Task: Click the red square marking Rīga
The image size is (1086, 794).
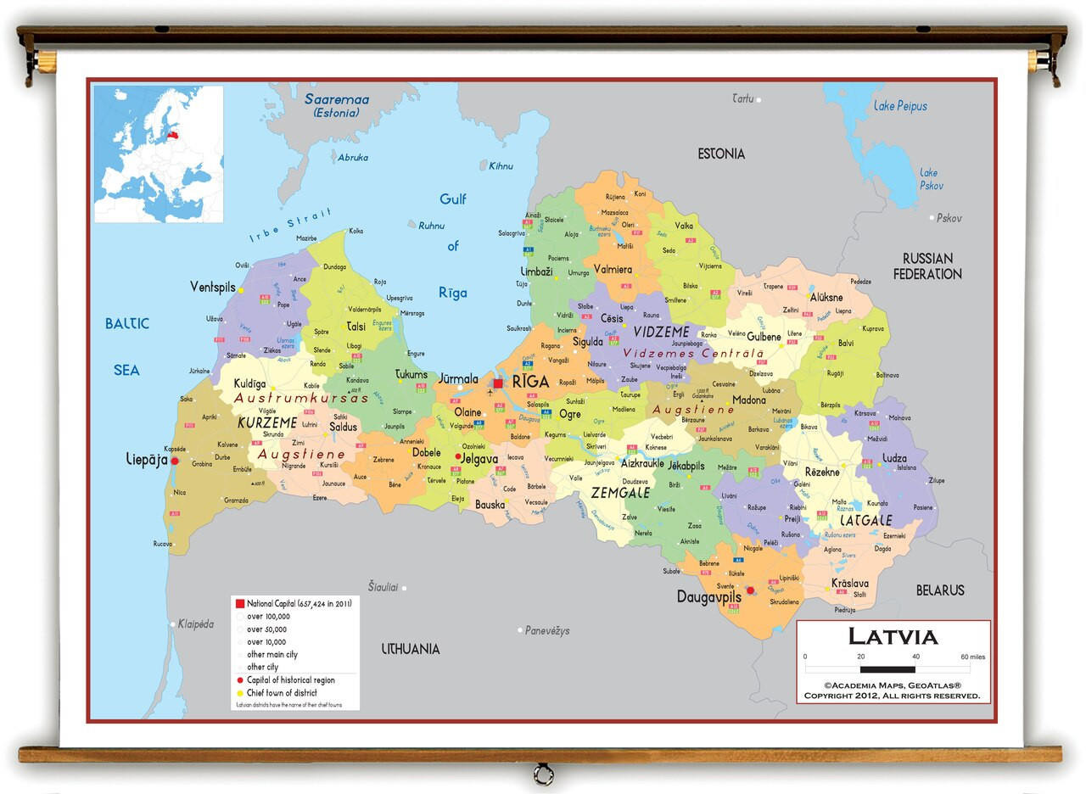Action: point(498,383)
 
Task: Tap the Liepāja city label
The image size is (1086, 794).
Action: point(148,460)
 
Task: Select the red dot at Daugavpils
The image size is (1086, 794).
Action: point(750,590)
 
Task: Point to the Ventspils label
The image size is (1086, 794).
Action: point(212,288)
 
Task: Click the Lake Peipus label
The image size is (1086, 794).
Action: point(900,106)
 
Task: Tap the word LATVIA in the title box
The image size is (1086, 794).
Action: point(893,636)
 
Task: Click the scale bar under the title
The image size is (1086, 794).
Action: point(887,669)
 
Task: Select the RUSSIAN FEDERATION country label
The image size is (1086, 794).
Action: point(927,266)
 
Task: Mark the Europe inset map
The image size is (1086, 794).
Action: point(159,154)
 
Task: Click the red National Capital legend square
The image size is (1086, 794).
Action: point(239,603)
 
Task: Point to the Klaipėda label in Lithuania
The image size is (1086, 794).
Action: point(195,624)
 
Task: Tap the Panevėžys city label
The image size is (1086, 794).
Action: point(547,630)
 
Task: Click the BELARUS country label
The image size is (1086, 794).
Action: point(940,590)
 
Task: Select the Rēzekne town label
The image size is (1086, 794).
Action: point(821,472)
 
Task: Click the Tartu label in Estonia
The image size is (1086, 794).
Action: point(742,99)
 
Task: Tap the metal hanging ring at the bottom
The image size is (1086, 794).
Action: point(543,774)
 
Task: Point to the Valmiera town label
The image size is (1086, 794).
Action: point(612,270)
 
